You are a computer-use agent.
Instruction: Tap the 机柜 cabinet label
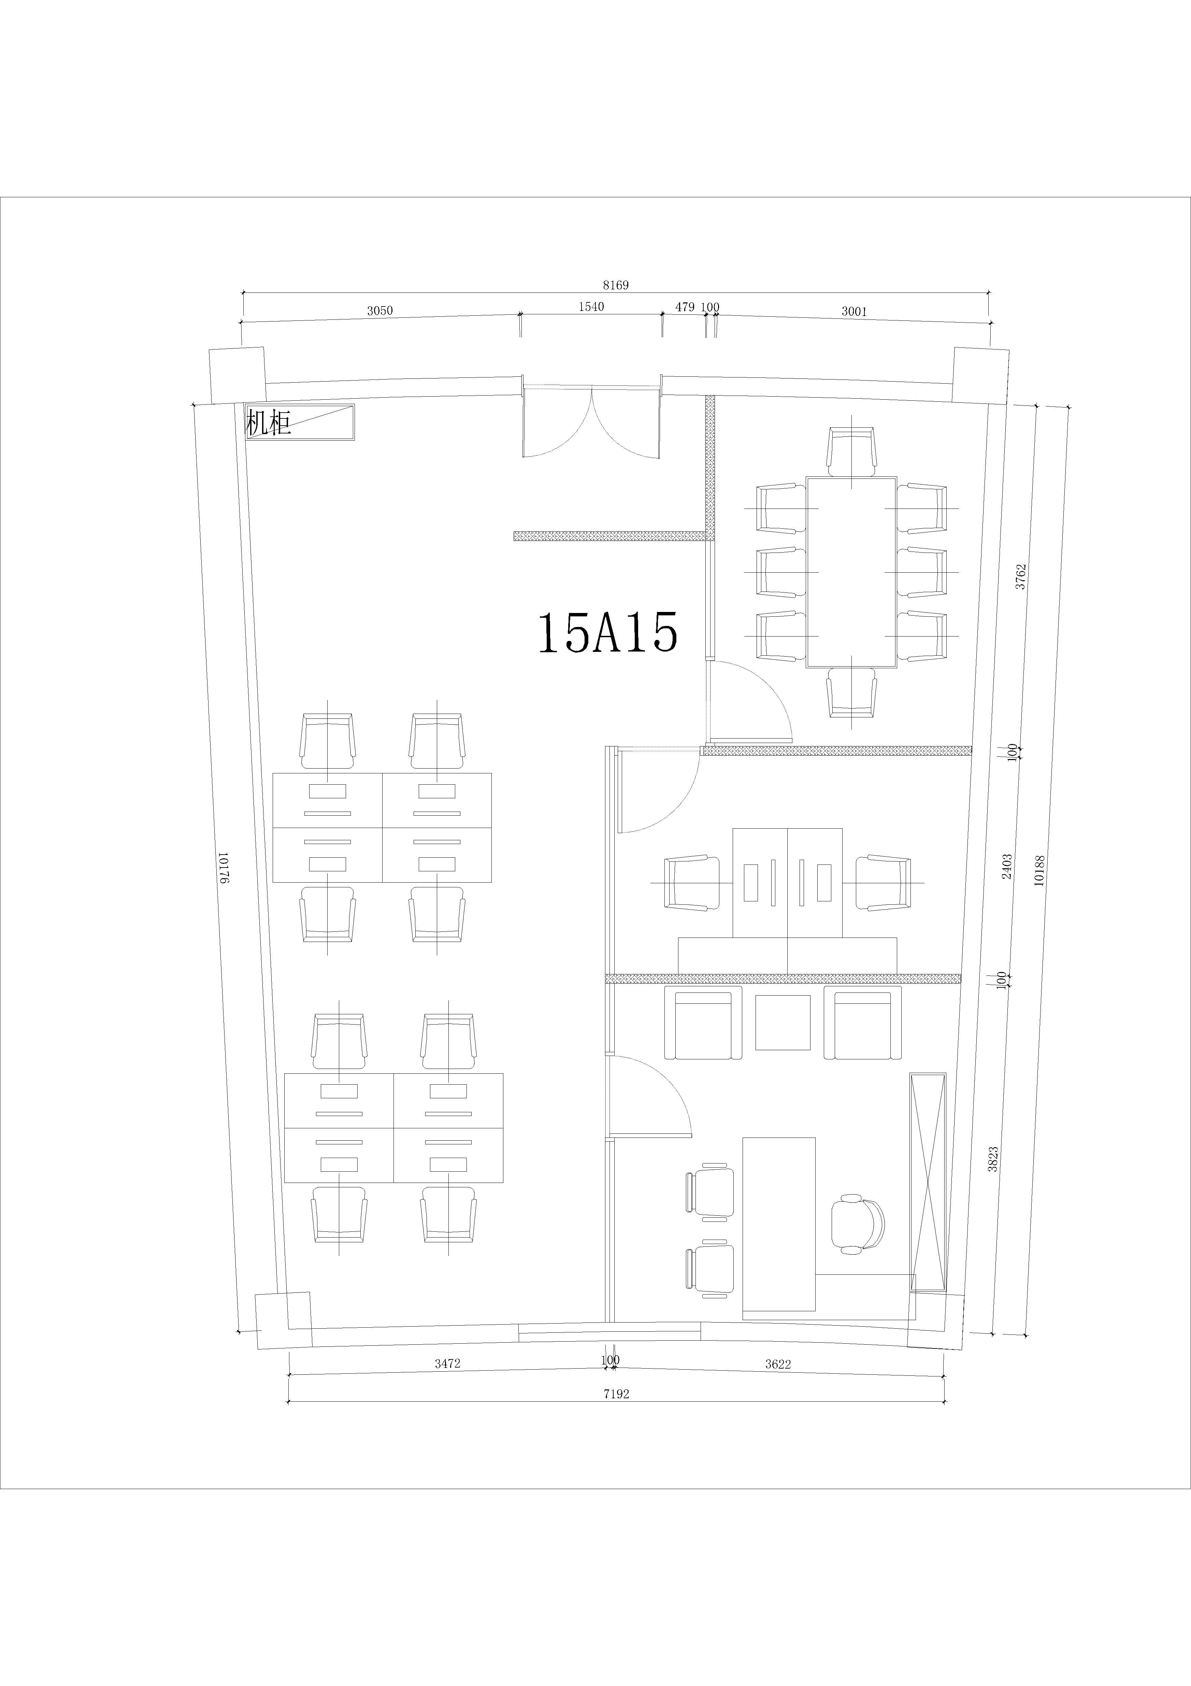tap(269, 423)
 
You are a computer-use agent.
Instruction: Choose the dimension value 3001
tap(854, 311)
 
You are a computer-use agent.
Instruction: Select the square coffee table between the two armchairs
tap(783, 1022)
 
